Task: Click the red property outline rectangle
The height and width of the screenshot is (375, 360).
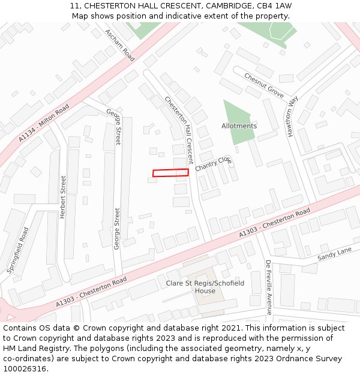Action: tap(170, 173)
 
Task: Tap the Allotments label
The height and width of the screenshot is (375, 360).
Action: tap(239, 126)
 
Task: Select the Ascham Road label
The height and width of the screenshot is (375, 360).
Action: tap(119, 45)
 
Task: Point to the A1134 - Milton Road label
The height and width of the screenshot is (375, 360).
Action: tap(44, 123)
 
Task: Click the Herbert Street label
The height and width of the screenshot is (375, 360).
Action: tap(62, 197)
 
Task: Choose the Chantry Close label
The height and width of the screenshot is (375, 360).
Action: tap(213, 163)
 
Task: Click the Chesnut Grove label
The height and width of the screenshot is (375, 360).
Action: tap(264, 85)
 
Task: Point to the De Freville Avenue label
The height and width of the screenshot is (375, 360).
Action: tap(269, 287)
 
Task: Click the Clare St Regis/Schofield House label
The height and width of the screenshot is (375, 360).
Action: tap(205, 287)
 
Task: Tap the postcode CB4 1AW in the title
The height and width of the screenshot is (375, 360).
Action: tap(274, 5)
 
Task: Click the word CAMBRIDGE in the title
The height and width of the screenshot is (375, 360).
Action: tap(227, 5)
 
